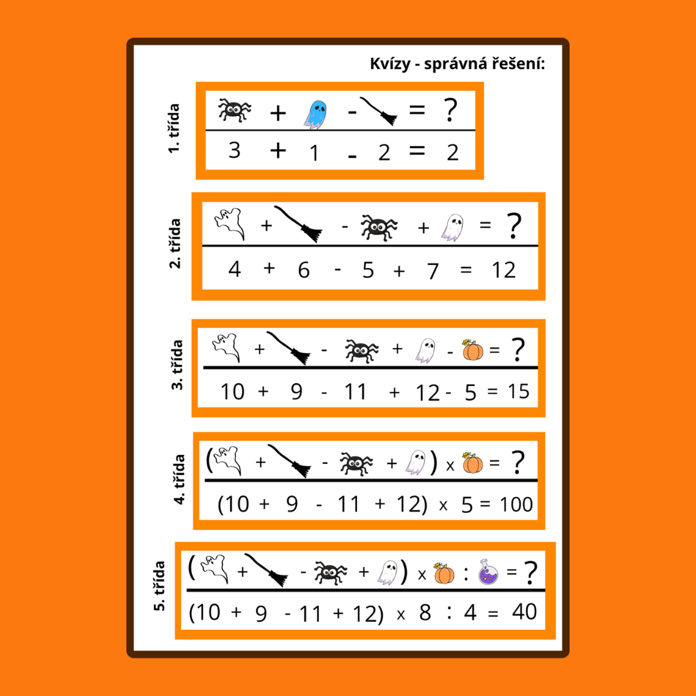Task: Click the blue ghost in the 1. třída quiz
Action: coord(315,115)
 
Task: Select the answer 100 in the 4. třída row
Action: coord(516,504)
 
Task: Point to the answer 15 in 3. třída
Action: coord(518,392)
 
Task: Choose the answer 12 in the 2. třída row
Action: coord(504,270)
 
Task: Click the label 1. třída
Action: coord(174,129)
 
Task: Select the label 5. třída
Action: coord(159,586)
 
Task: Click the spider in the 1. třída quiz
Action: coord(235,110)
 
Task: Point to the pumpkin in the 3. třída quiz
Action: coord(473,350)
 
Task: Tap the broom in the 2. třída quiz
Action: coord(298,224)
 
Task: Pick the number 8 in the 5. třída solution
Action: coord(425,613)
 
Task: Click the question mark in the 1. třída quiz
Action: coord(450,111)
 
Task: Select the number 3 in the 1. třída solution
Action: coord(235,150)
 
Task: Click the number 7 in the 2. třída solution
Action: coord(433,271)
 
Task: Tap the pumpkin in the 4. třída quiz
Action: coord(473,463)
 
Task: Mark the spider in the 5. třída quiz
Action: coord(331,573)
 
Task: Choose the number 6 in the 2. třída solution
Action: coord(304,270)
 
